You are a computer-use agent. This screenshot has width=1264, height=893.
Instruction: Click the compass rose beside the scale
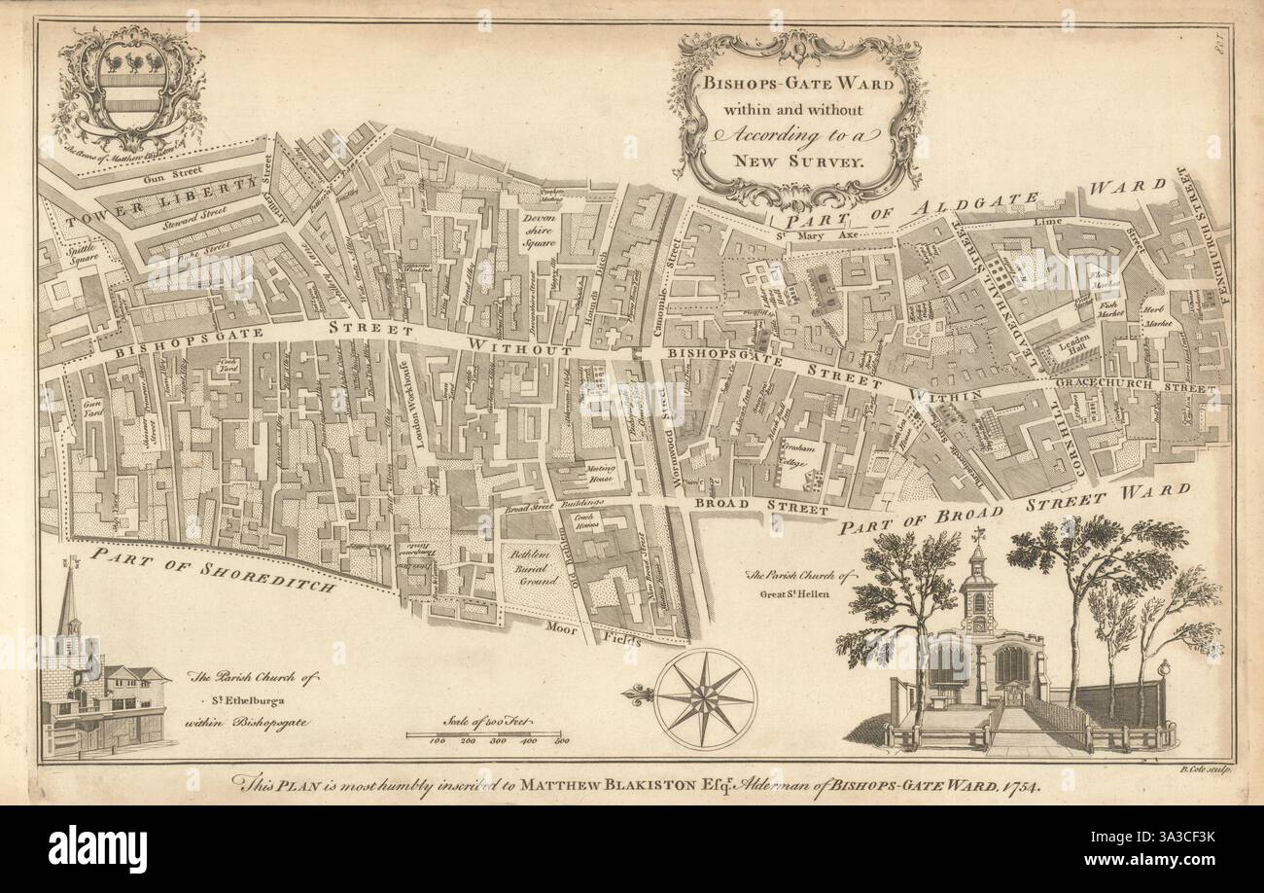[x=705, y=698]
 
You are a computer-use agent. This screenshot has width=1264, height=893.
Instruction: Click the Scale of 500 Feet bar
[x=483, y=733]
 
